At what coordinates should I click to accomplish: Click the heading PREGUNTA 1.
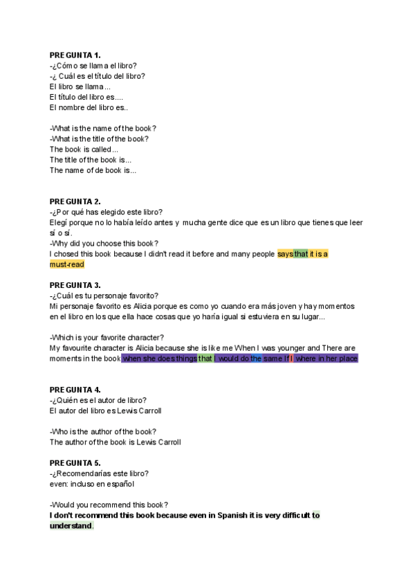coord(75,55)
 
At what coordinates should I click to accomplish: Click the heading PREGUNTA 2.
coord(75,201)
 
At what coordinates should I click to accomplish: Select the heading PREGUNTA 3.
coord(75,285)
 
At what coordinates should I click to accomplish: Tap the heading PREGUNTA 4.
coord(75,389)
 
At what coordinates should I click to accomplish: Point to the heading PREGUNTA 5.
coord(75,462)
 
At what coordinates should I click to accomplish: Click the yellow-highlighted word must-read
coord(66,264)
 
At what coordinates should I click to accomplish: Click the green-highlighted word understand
coord(71,526)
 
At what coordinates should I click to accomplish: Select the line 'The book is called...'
coord(84,149)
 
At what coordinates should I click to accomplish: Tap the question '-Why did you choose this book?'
coord(104,243)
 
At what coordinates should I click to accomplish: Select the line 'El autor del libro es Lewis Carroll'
coord(106,410)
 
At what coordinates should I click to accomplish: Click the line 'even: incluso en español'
coord(91,484)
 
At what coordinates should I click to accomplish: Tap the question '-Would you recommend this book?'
coord(109,505)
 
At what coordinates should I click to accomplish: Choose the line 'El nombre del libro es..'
coord(89,107)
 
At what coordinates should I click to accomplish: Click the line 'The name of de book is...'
coord(93,170)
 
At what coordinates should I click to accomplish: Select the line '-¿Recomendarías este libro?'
coord(99,473)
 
